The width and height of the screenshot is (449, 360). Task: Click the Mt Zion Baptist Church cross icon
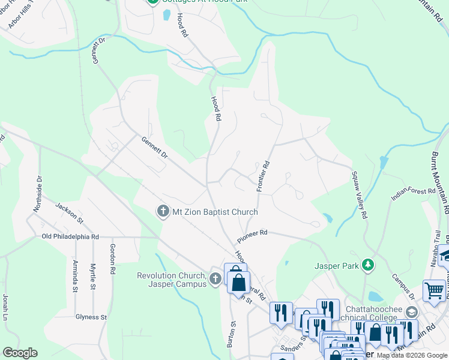tap(162, 212)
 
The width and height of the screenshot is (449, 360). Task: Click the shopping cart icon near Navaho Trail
tap(433, 290)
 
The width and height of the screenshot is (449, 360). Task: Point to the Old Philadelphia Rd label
tap(70, 236)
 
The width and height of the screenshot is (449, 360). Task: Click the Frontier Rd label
tap(262, 176)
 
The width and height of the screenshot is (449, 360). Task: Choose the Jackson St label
tap(67, 213)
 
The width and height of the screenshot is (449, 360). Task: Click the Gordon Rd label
tap(112, 257)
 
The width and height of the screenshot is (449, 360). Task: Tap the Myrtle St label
tap(93, 276)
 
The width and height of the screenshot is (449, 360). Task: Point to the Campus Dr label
tap(403, 287)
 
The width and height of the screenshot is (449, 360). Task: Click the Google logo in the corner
tap(20, 353)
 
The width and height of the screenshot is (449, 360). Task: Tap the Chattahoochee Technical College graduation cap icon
tap(412, 312)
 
